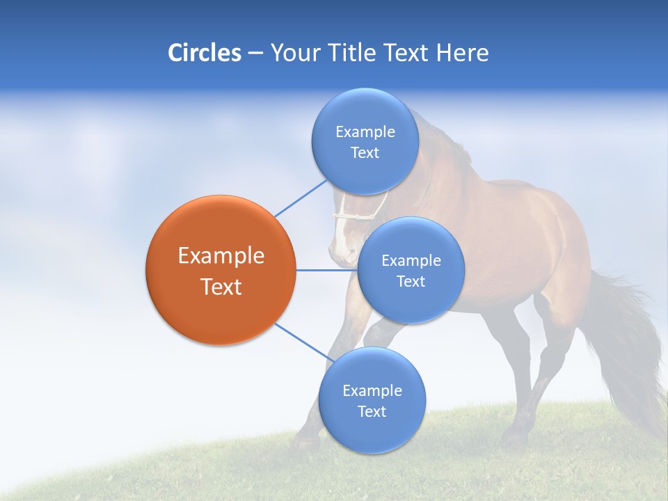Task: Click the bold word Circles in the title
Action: tap(205, 53)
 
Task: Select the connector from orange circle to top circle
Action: tap(301, 198)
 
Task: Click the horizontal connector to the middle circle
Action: tap(326, 270)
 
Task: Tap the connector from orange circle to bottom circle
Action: tap(301, 342)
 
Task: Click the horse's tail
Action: tap(626, 341)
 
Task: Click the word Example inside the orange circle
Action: tap(221, 256)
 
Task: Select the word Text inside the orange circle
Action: tap(221, 287)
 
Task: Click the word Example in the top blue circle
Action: tap(365, 132)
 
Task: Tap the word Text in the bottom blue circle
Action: tap(372, 412)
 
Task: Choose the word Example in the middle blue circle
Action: tap(411, 261)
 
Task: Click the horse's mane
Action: tap(445, 139)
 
